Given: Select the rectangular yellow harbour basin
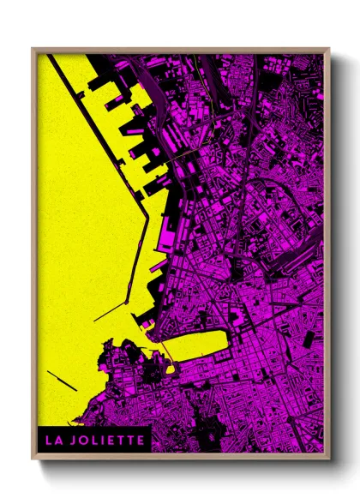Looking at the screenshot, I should coord(194,346).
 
